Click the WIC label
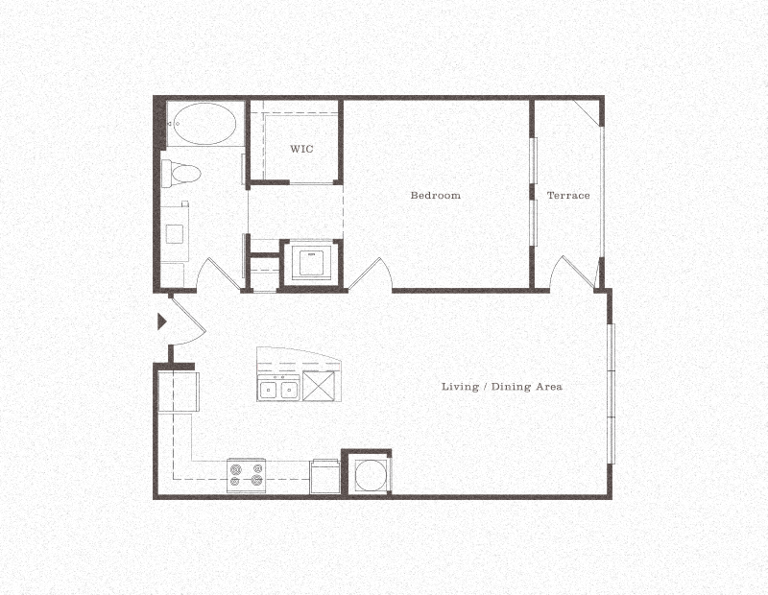(x=302, y=150)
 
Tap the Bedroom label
(x=435, y=196)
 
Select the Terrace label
(x=568, y=196)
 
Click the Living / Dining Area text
(x=501, y=387)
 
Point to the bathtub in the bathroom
(x=204, y=125)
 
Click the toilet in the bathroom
(x=181, y=174)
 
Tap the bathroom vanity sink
(x=176, y=232)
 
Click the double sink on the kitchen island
(x=278, y=389)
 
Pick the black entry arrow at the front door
(x=162, y=322)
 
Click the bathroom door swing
(x=219, y=274)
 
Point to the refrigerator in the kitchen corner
(x=177, y=392)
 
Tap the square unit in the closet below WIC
(x=309, y=262)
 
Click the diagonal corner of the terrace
(x=587, y=113)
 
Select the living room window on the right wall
(x=611, y=393)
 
